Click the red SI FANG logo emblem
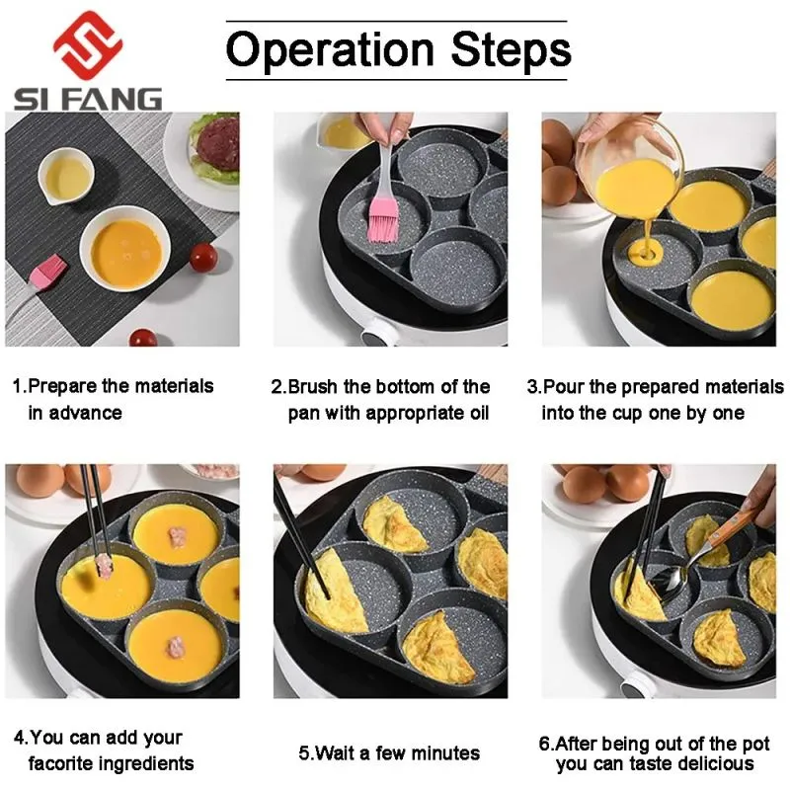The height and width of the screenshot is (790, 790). point(88,45)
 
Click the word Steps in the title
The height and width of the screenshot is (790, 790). point(511,49)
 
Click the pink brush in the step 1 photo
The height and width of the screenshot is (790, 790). point(47,274)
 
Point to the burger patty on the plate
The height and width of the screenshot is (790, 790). point(217,143)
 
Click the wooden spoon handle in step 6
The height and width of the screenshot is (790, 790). point(731,527)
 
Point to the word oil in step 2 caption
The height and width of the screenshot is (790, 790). point(480,413)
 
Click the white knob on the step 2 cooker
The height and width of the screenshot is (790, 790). point(376,334)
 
